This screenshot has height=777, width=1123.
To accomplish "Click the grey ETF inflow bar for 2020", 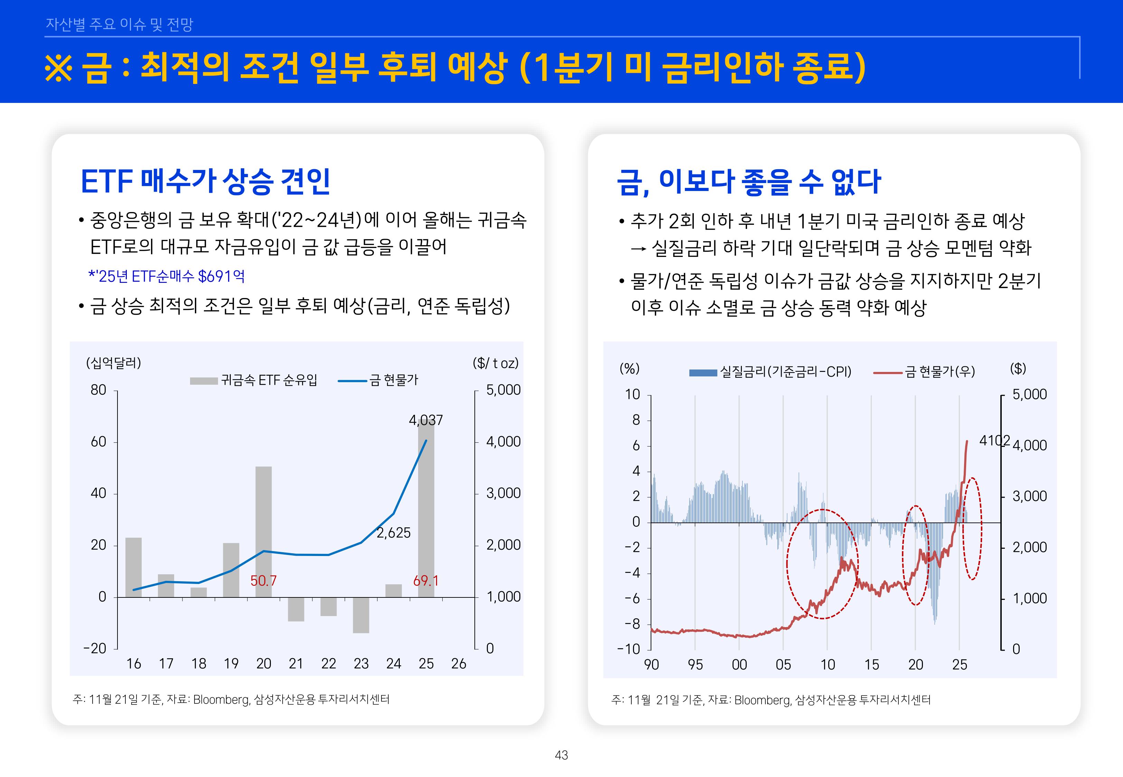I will coord(263,531).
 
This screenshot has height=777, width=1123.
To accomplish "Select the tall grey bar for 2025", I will coord(426,511).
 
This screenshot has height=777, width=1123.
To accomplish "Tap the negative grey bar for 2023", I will coord(361,614).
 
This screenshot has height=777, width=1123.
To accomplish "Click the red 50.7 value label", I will coord(263,580).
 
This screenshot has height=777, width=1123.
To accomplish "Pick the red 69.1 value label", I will coord(426,580).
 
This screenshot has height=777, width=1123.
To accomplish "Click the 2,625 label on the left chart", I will coord(394,533).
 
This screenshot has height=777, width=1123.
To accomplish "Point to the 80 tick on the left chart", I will coord(98,390).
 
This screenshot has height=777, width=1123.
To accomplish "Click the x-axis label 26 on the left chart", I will coord(458,664).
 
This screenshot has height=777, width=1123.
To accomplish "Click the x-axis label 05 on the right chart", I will coord(783,664).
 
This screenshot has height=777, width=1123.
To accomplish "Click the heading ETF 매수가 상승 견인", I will coord(206,182).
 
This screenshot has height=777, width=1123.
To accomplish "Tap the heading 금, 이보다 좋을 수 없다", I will coord(748,182).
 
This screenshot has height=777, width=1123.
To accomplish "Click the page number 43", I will coord(561,755).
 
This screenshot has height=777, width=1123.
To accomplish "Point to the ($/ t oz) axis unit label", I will coord(495,363).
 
